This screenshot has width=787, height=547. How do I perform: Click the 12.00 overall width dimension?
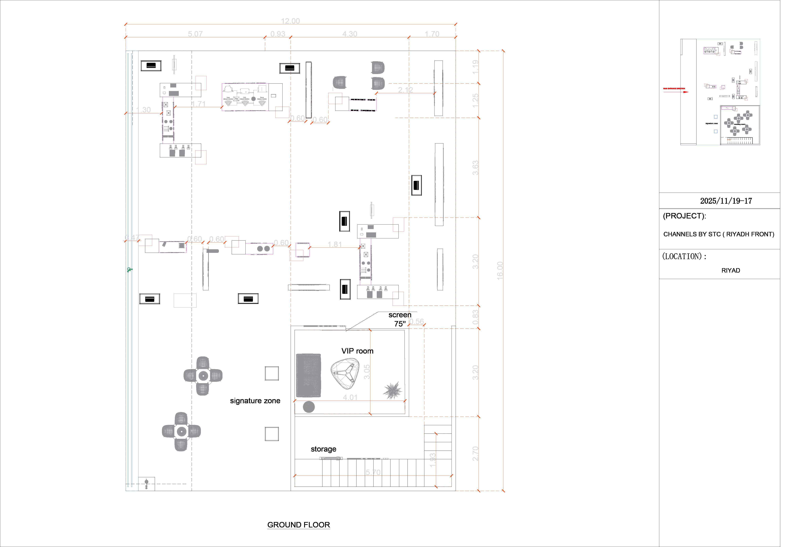click(290, 21)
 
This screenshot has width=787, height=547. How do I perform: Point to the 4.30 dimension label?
click(350, 34)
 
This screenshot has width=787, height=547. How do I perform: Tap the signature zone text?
click(255, 401)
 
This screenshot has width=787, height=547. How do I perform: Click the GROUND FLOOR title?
click(299, 525)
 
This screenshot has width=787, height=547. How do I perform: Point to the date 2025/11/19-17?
click(726, 201)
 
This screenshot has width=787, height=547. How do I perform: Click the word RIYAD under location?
click(731, 270)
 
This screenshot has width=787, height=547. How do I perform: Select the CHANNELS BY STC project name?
click(718, 234)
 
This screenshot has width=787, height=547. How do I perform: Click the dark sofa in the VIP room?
click(308, 375)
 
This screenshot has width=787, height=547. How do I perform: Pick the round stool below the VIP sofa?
click(309, 407)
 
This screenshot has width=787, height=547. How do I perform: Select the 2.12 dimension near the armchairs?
click(405, 90)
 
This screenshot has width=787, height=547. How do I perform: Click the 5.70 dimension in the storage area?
click(373, 472)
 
